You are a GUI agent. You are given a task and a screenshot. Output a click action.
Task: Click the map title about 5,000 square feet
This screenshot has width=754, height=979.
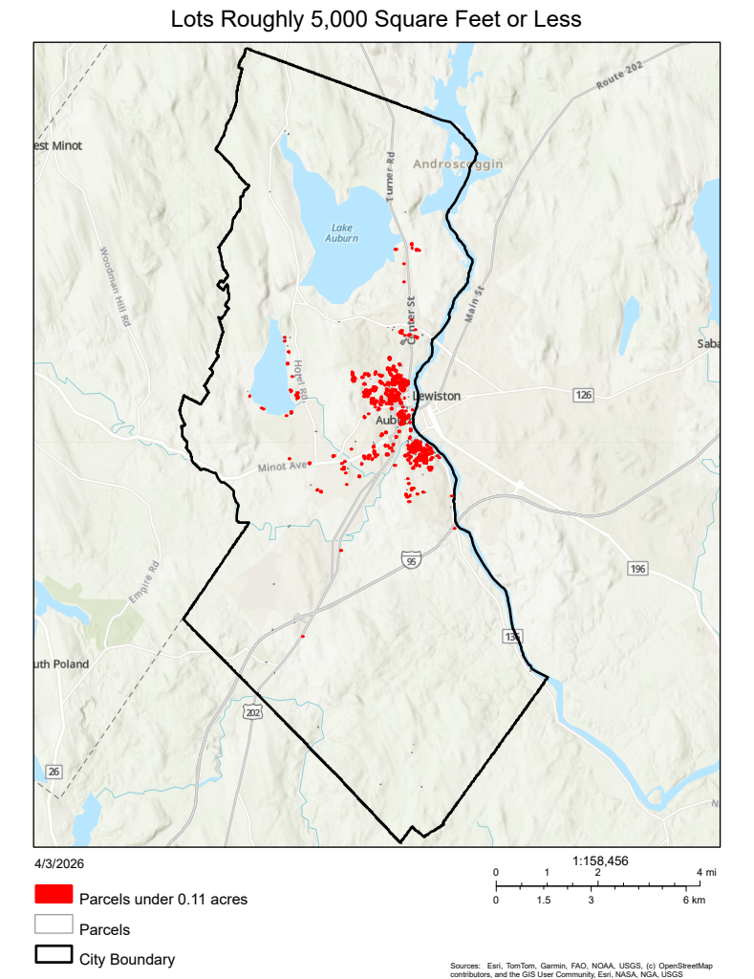pyautogui.click(x=376, y=19)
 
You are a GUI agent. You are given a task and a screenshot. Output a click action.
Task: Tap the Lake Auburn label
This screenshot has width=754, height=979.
pyautogui.click(x=344, y=232)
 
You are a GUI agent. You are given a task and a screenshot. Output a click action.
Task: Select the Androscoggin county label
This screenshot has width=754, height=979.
pyautogui.click(x=458, y=164)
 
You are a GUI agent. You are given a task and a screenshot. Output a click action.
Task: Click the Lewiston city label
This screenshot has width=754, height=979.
pyautogui.click(x=438, y=396)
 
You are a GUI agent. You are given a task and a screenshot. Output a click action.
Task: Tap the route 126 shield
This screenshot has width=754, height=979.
pyautogui.click(x=584, y=395)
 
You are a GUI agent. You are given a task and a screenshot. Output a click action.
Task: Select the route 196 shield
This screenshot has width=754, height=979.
pyautogui.click(x=638, y=569)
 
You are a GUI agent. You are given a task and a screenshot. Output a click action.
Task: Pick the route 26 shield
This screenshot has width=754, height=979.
pyautogui.click(x=54, y=772)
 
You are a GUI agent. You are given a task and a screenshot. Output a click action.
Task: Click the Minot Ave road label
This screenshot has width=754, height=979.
pyautogui.click(x=284, y=467)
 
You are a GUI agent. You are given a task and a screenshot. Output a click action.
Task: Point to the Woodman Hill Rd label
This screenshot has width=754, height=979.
pyautogui.click(x=114, y=288)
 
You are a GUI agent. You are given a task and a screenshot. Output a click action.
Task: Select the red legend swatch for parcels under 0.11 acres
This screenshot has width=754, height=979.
pyautogui.click(x=54, y=895)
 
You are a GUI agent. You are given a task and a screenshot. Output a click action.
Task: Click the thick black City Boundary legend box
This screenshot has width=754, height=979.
pyautogui.click(x=54, y=956)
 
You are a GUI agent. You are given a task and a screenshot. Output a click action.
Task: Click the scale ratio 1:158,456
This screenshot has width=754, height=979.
pyautogui.click(x=600, y=860)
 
